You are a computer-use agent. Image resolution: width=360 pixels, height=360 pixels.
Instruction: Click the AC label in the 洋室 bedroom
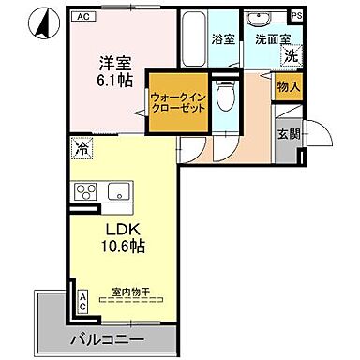[x=83, y=16]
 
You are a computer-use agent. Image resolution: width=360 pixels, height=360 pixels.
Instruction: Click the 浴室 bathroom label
[x=222, y=40]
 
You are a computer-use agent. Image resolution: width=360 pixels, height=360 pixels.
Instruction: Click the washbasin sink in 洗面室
[x=257, y=19]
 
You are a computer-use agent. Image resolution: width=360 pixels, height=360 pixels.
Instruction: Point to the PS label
[x=297, y=16]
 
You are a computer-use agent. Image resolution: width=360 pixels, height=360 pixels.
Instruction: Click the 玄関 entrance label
[x=288, y=134]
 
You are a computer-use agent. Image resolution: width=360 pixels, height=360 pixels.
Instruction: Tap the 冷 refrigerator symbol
[x=82, y=148]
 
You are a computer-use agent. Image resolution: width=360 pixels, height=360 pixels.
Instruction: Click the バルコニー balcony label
[x=105, y=338]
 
